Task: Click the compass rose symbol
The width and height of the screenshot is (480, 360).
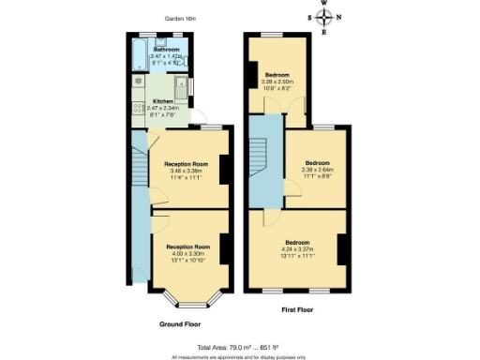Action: pos(324,17)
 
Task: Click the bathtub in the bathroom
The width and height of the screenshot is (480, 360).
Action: pos(140,57)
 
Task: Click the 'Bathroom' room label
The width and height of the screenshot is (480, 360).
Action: pos(167,49)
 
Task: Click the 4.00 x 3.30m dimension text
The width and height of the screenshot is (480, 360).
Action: pos(187,252)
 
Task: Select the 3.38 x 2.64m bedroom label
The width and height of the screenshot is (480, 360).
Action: pos(316,170)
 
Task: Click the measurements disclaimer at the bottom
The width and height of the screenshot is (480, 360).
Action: pos(239,355)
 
